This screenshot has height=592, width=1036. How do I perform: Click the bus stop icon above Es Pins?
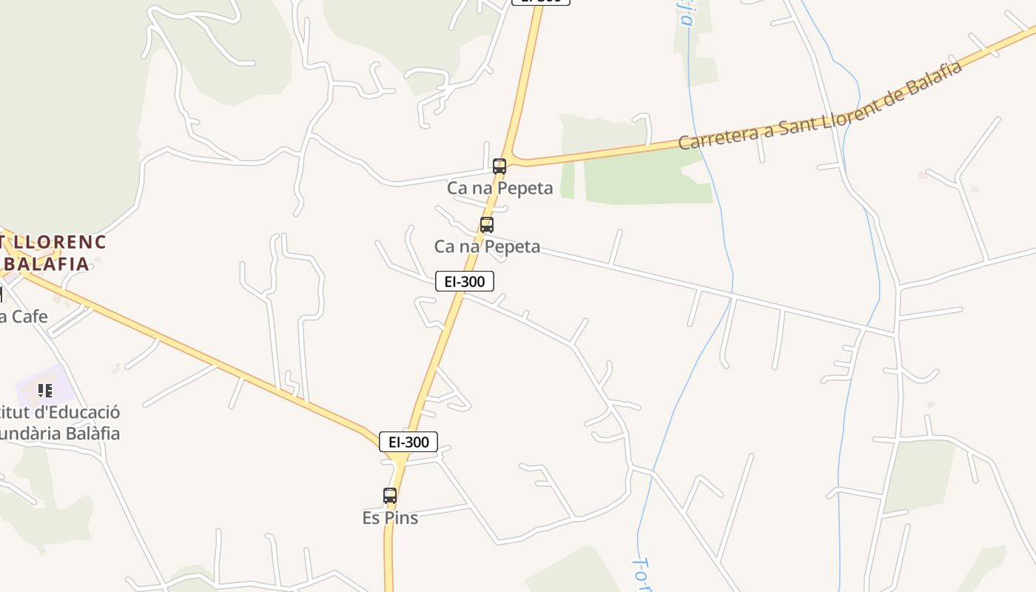click(390, 495)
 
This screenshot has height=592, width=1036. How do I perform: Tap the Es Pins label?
click(390, 518)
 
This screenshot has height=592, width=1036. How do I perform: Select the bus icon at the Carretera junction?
click(499, 166)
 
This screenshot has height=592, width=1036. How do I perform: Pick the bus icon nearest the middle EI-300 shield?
click(486, 225)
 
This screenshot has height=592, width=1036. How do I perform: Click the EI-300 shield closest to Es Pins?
click(408, 442)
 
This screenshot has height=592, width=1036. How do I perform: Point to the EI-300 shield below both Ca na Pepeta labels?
click(464, 281)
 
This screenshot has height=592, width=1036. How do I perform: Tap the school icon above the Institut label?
click(45, 390)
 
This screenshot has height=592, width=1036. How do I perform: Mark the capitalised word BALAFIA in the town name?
click(47, 263)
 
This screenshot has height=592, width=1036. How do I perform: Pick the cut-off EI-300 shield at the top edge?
click(541, 1)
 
